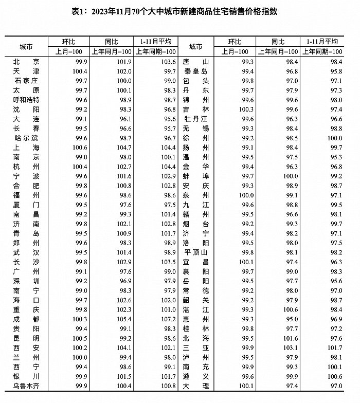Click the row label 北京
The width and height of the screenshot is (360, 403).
click(x=26, y=61)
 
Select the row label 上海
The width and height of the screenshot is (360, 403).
click(x=26, y=147)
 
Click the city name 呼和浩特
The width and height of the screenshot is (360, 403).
click(x=26, y=99)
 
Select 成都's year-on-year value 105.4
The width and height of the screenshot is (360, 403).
click(x=111, y=319)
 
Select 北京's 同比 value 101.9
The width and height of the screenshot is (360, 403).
click(x=111, y=61)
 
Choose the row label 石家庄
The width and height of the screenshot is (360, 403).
click(x=26, y=81)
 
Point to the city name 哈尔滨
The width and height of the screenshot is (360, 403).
click(x=26, y=138)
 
